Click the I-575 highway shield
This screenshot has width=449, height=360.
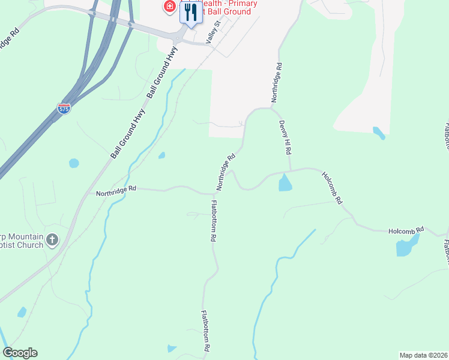pyautogui.click(x=64, y=109)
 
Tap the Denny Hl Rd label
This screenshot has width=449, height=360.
pyautogui.click(x=285, y=137)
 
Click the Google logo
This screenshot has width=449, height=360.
pyautogui.click(x=20, y=353)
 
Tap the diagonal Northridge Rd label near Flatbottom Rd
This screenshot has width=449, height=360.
pyautogui.click(x=225, y=172)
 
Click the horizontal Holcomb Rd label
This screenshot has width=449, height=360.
pyautogui.click(x=406, y=230)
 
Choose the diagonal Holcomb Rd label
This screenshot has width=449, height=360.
pyautogui.click(x=332, y=188)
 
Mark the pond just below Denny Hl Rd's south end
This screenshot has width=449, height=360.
pyautogui.click(x=286, y=182)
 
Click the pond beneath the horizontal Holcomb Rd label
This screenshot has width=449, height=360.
pyautogui.click(x=406, y=246)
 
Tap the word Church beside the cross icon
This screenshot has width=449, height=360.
pyautogui.click(x=30, y=245)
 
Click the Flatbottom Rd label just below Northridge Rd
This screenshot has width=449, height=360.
pyautogui.click(x=213, y=220)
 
